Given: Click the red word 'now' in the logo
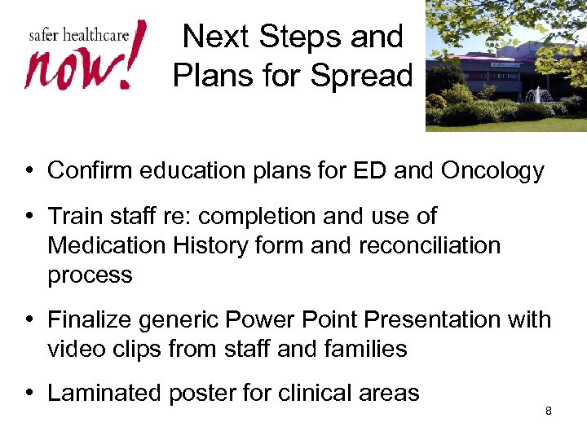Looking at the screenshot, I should pos(69,68).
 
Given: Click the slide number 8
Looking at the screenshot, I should pos(548,411).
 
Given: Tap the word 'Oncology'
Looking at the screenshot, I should pos(492,170).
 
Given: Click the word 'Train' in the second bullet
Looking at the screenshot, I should pos(74,216).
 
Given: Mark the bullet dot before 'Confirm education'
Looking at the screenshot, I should pos(29,171).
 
